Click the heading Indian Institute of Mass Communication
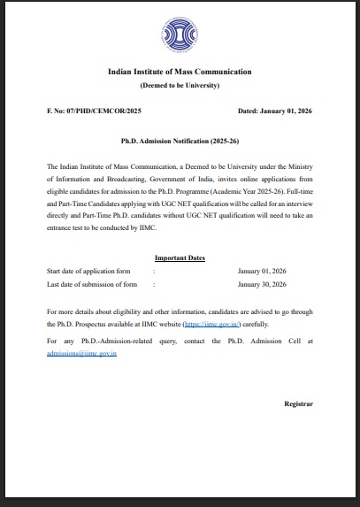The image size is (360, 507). (180, 71)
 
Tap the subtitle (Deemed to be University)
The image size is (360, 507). (180, 85)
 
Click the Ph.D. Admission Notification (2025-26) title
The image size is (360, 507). (180, 141)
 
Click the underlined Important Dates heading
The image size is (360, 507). (180, 257)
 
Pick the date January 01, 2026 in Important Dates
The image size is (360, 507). (262, 270)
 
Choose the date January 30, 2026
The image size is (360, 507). (262, 284)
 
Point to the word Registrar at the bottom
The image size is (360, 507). (298, 403)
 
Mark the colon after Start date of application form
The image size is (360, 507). (154, 270)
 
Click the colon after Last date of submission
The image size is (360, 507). (154, 284)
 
